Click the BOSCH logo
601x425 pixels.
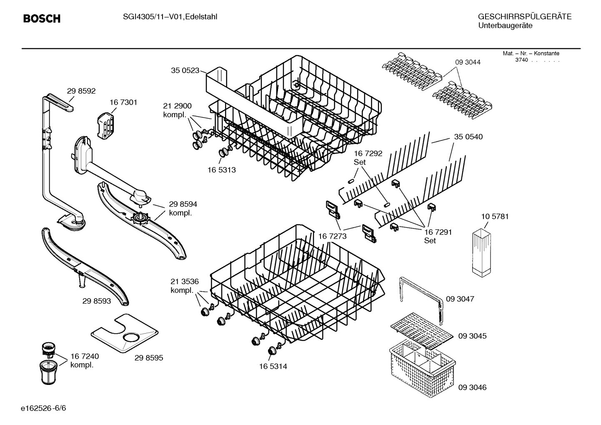(42, 19)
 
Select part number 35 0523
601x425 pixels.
(185, 70)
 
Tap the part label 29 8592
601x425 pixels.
(81, 91)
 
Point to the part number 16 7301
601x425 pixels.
(123, 102)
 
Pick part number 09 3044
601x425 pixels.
(468, 62)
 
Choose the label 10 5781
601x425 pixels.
(495, 216)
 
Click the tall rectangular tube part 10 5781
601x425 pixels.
(483, 252)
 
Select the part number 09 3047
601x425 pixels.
(460, 299)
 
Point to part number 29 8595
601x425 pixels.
(149, 358)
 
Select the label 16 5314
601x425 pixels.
(273, 367)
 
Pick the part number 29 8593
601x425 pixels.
(97, 301)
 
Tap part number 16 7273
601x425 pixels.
(332, 236)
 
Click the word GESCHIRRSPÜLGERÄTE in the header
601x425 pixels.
(524, 17)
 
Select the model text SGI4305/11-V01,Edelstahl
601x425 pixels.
(170, 17)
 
